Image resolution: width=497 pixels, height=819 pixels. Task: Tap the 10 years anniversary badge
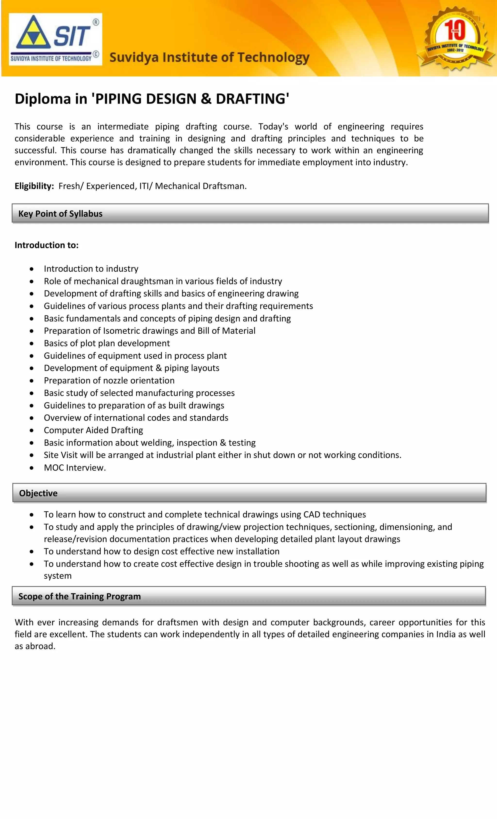pyautogui.click(x=456, y=38)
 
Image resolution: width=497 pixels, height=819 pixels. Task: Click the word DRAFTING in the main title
pyautogui.click(x=252, y=99)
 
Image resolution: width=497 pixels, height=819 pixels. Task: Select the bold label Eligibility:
pyautogui.click(x=34, y=186)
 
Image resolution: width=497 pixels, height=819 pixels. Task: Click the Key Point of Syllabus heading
pyautogui.click(x=60, y=214)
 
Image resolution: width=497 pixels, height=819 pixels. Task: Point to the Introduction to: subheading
pyautogui.click(x=47, y=245)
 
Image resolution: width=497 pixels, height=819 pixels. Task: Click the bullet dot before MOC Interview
pyautogui.click(x=32, y=468)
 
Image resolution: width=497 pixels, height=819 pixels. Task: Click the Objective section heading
pyautogui.click(x=38, y=493)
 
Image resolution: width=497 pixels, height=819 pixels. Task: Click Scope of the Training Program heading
pyautogui.click(x=79, y=596)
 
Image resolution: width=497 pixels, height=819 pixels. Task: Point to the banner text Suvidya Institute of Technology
pyautogui.click(x=209, y=58)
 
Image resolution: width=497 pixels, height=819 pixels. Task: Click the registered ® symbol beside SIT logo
pyautogui.click(x=96, y=22)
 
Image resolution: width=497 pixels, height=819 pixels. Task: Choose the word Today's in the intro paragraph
pyautogui.click(x=273, y=127)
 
